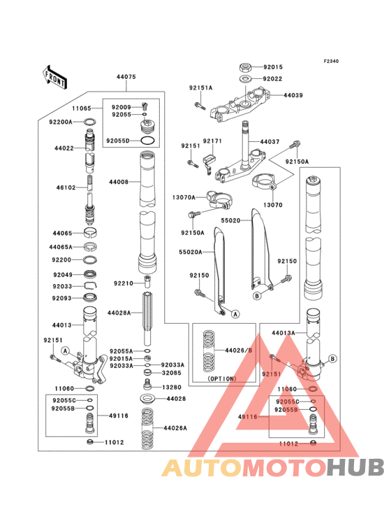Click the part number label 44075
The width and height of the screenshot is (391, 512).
coord(126,78)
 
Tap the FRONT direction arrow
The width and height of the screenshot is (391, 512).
coord(55,76)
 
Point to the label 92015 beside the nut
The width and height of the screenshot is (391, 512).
coord(274,67)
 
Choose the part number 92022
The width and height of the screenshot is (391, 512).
coord(274,80)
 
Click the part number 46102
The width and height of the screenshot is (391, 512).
coord(66,187)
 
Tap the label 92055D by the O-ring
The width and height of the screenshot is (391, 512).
coord(119,141)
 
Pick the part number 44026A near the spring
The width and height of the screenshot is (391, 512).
coord(175,427)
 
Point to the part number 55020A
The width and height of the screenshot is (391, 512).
coord(191,252)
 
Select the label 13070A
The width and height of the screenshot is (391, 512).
coord(184,198)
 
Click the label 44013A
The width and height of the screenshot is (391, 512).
coord(283,333)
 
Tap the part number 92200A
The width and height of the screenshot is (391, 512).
coord(61,122)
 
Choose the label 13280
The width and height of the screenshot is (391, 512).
coord(172,387)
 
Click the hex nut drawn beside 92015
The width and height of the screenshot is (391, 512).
coord(246,68)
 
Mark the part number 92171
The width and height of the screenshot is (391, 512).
coord(213,141)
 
